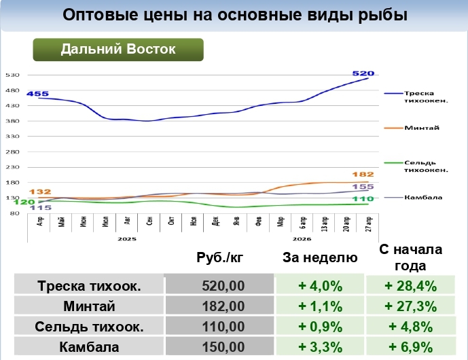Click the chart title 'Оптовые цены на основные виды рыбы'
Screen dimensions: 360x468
[x=234, y=15]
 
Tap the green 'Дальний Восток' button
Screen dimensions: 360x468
[x=118, y=50]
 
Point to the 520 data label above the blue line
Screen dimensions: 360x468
[x=363, y=73]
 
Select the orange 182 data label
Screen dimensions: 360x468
[x=364, y=175]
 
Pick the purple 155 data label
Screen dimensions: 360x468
[x=364, y=186]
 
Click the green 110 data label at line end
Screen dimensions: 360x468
[x=364, y=198]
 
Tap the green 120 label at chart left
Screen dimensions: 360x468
[x=24, y=202]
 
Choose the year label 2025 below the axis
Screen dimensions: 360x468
[x=126, y=239]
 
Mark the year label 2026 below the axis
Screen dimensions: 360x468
[x=302, y=239]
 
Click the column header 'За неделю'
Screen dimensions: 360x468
[x=319, y=257]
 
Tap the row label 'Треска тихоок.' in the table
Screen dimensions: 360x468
[x=89, y=286]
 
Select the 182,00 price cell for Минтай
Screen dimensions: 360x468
[x=219, y=306]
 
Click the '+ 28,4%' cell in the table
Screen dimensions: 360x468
[x=410, y=286]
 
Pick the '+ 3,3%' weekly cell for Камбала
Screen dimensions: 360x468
[x=320, y=347]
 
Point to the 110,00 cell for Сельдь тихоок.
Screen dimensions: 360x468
[x=219, y=327]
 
